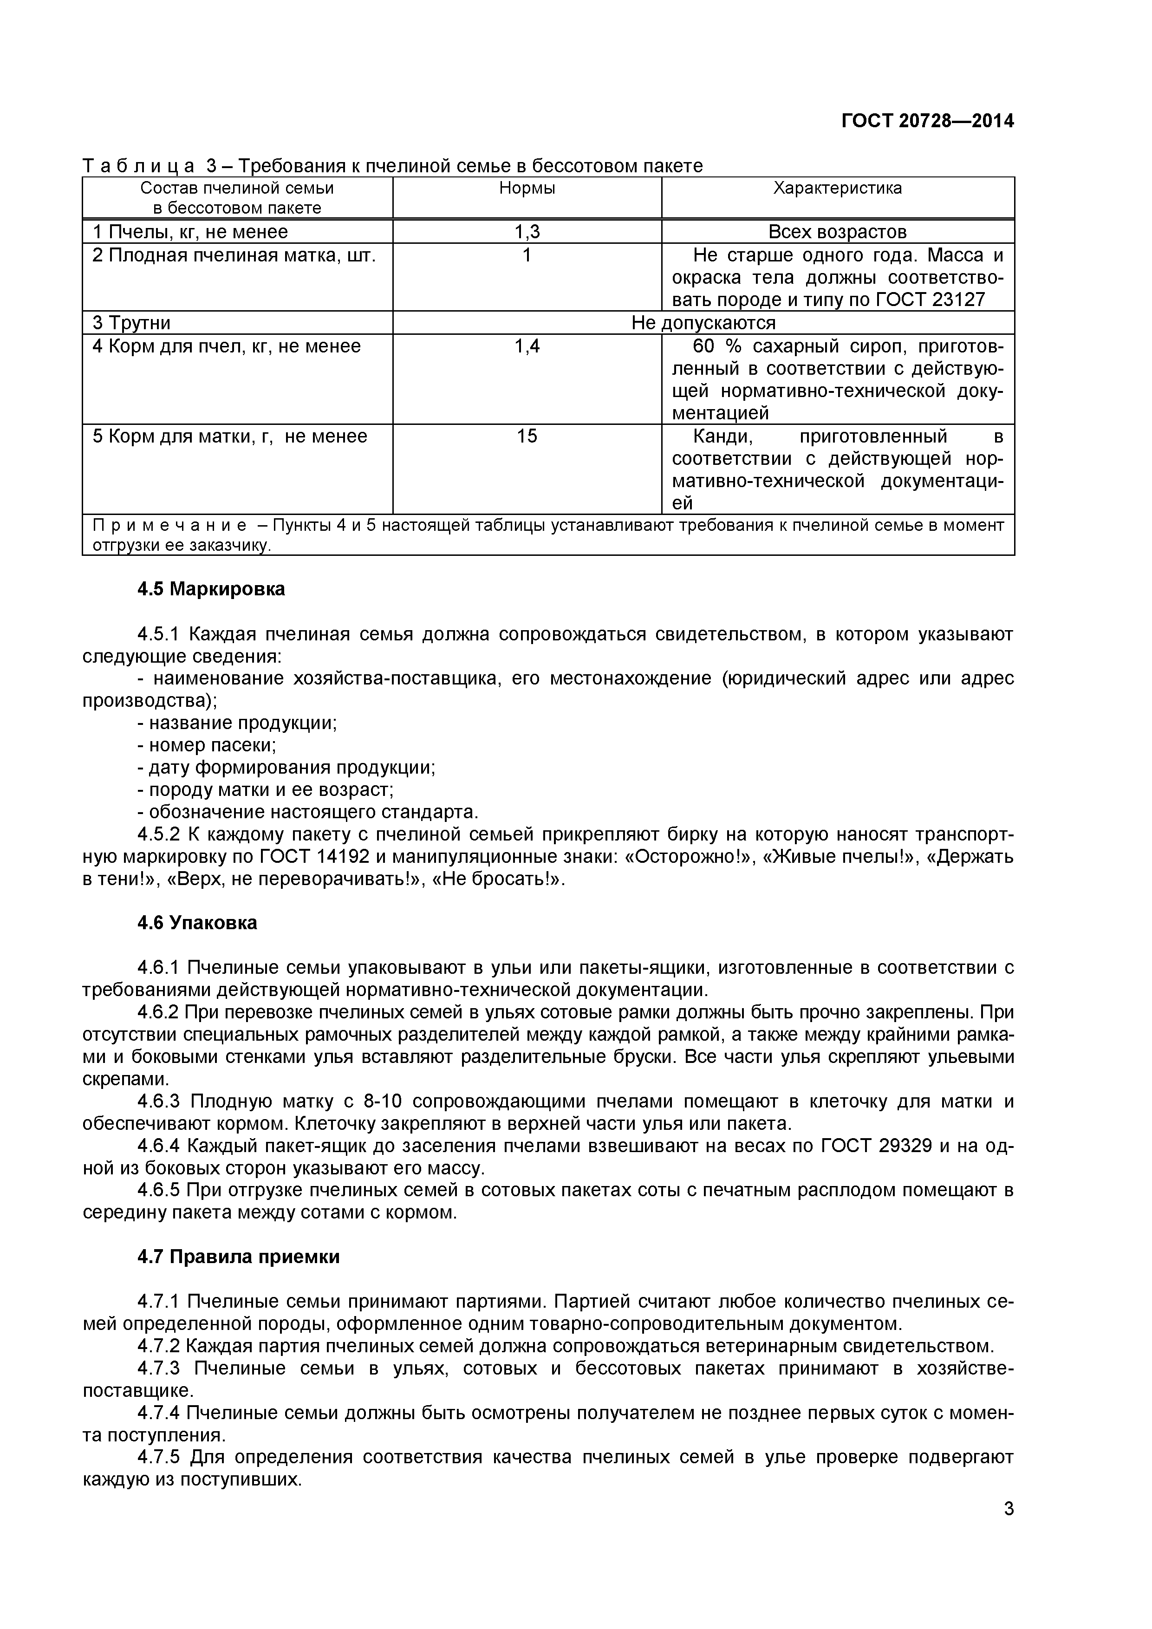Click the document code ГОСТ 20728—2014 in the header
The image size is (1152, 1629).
click(927, 121)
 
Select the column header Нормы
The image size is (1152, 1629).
click(527, 188)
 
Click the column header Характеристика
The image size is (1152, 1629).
click(837, 188)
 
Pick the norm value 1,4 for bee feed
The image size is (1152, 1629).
click(527, 346)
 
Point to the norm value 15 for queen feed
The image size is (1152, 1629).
click(527, 436)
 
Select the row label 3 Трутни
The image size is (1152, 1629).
click(132, 323)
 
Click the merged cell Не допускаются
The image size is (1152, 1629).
click(703, 323)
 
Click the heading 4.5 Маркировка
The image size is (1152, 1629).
click(211, 589)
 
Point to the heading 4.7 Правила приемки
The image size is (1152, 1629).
click(238, 1257)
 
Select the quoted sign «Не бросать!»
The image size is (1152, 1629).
click(497, 879)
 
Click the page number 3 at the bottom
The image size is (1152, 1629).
click(1008, 1528)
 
